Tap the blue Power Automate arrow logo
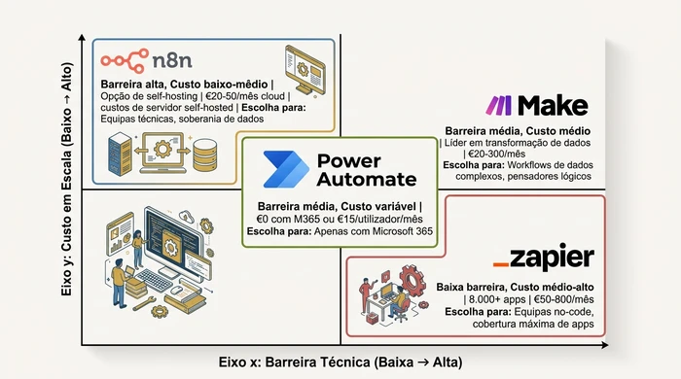286,167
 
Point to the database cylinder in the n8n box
205,154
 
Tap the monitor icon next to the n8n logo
305,68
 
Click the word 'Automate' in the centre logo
366,179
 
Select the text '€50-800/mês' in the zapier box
556,301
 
